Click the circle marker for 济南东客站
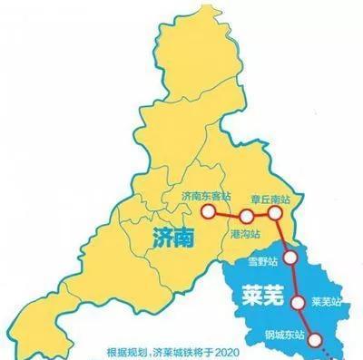pos(207,214)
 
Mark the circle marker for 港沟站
pos(245,216)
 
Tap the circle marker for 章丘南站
pos(276,215)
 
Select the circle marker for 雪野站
pos(289,258)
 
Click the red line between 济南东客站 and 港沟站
pos(226,215)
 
